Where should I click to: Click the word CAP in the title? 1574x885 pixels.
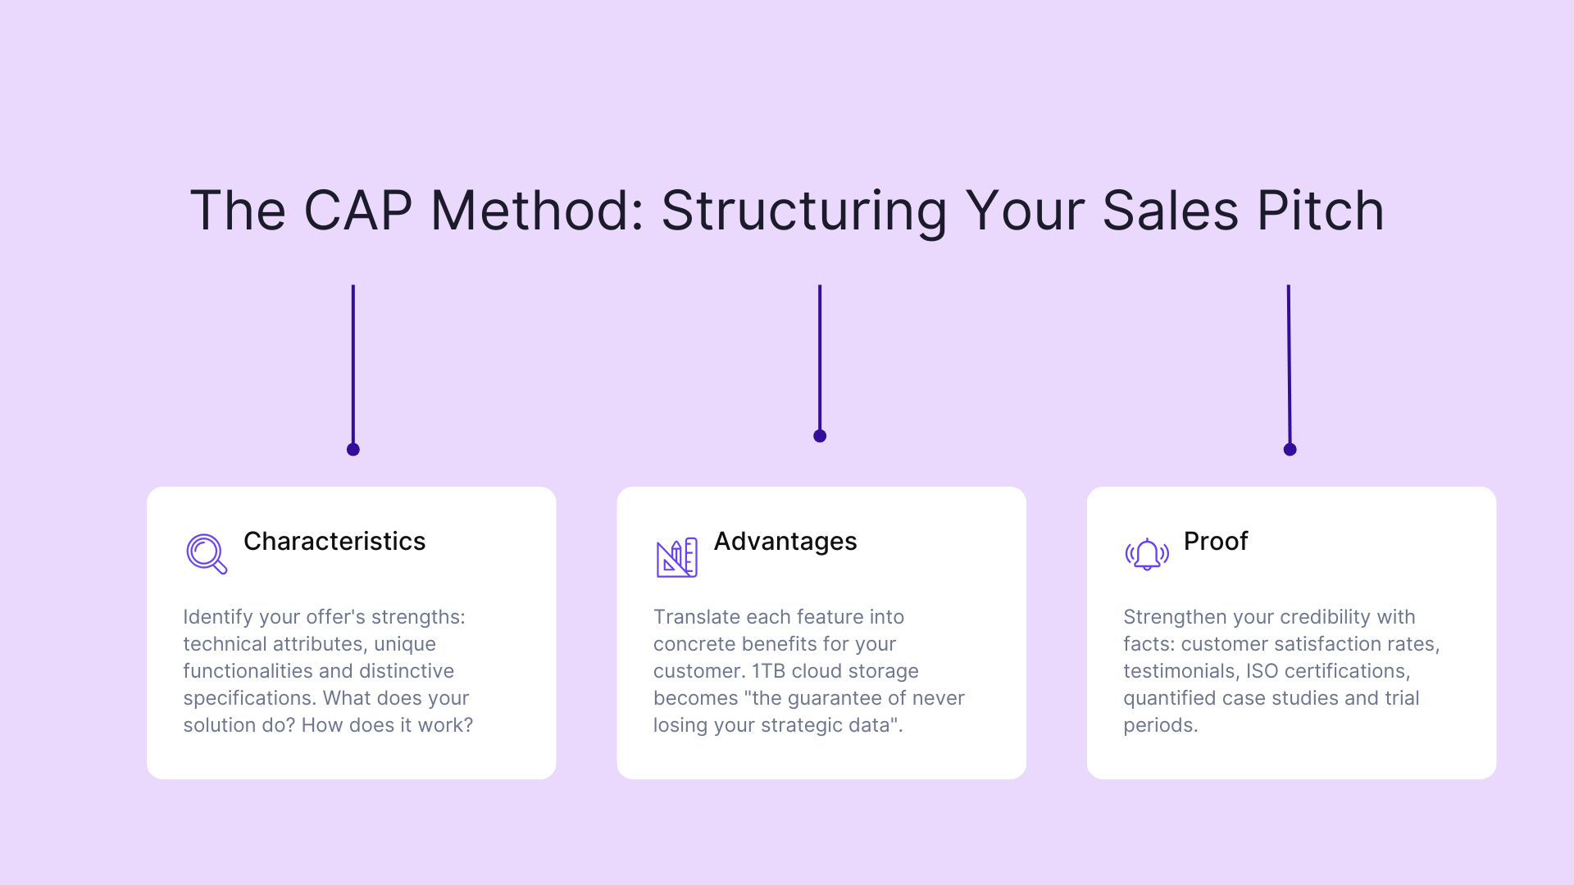(x=357, y=211)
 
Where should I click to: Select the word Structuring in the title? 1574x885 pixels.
(x=803, y=211)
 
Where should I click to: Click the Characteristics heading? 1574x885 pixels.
(x=334, y=542)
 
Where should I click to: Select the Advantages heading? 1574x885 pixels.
(x=785, y=542)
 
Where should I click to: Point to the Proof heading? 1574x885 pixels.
(x=1215, y=542)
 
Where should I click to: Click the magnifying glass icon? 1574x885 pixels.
(x=206, y=554)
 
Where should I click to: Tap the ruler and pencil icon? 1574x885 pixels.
(x=676, y=557)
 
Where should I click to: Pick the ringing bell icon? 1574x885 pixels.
(x=1147, y=555)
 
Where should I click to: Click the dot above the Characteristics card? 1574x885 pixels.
(x=353, y=449)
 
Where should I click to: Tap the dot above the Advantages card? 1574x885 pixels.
(x=820, y=436)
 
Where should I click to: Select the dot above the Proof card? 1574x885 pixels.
(x=1290, y=449)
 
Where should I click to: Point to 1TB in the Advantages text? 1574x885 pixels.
(x=768, y=671)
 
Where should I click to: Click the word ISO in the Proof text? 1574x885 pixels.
(x=1262, y=671)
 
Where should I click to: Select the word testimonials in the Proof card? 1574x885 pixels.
(x=1180, y=671)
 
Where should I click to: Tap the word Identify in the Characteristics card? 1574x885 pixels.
(x=218, y=617)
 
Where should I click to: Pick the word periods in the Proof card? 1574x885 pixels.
(x=1159, y=725)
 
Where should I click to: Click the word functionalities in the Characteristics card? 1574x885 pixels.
(x=246, y=671)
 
